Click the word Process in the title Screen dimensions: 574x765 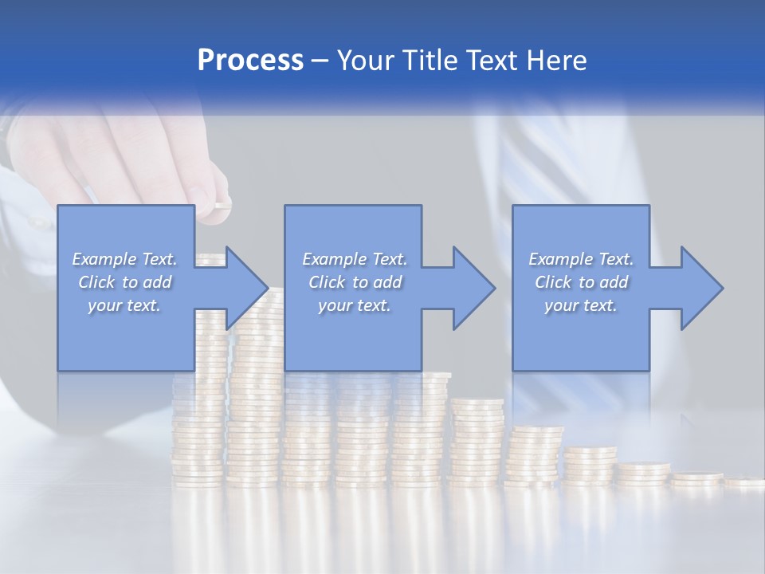coord(250,61)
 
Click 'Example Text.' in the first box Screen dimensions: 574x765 coord(124,259)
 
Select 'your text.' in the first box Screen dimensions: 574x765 coord(124,305)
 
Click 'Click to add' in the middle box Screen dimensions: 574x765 coord(355,282)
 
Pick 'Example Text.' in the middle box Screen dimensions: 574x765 coord(355,259)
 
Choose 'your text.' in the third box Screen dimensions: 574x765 coord(580,305)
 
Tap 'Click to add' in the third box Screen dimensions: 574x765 coord(581,282)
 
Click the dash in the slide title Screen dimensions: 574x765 coord(320,61)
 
